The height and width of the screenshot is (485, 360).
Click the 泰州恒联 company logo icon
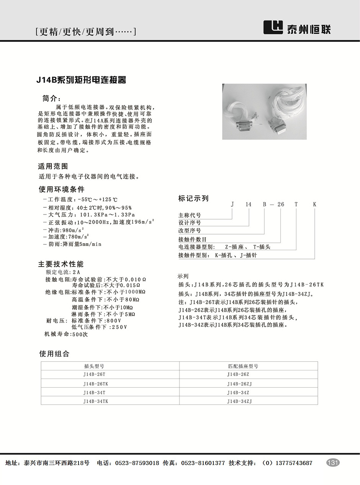pyautogui.click(x=273, y=27)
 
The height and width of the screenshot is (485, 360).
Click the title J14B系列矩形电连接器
pyautogui.click(x=81, y=80)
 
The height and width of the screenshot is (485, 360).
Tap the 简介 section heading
pyautogui.click(x=52, y=98)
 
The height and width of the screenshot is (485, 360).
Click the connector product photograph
pyautogui.click(x=264, y=111)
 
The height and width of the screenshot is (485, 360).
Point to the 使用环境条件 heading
pyautogui.click(x=61, y=189)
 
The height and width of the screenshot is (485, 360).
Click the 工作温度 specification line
pyautogui.click(x=80, y=200)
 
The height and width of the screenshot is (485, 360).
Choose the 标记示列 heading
pyautogui.click(x=193, y=198)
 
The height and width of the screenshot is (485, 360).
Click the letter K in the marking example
pyautogui.click(x=314, y=205)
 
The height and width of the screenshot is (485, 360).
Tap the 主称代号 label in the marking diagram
pyautogui.click(x=190, y=216)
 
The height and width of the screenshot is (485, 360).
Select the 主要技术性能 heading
pyautogui.click(x=61, y=264)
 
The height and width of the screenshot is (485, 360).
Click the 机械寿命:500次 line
pyautogui.click(x=66, y=334)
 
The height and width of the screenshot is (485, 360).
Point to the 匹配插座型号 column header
pyautogui.click(x=243, y=366)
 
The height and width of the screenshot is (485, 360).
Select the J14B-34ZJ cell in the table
pyautogui.click(x=239, y=401)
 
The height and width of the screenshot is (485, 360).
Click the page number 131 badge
pyautogui.click(x=333, y=462)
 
